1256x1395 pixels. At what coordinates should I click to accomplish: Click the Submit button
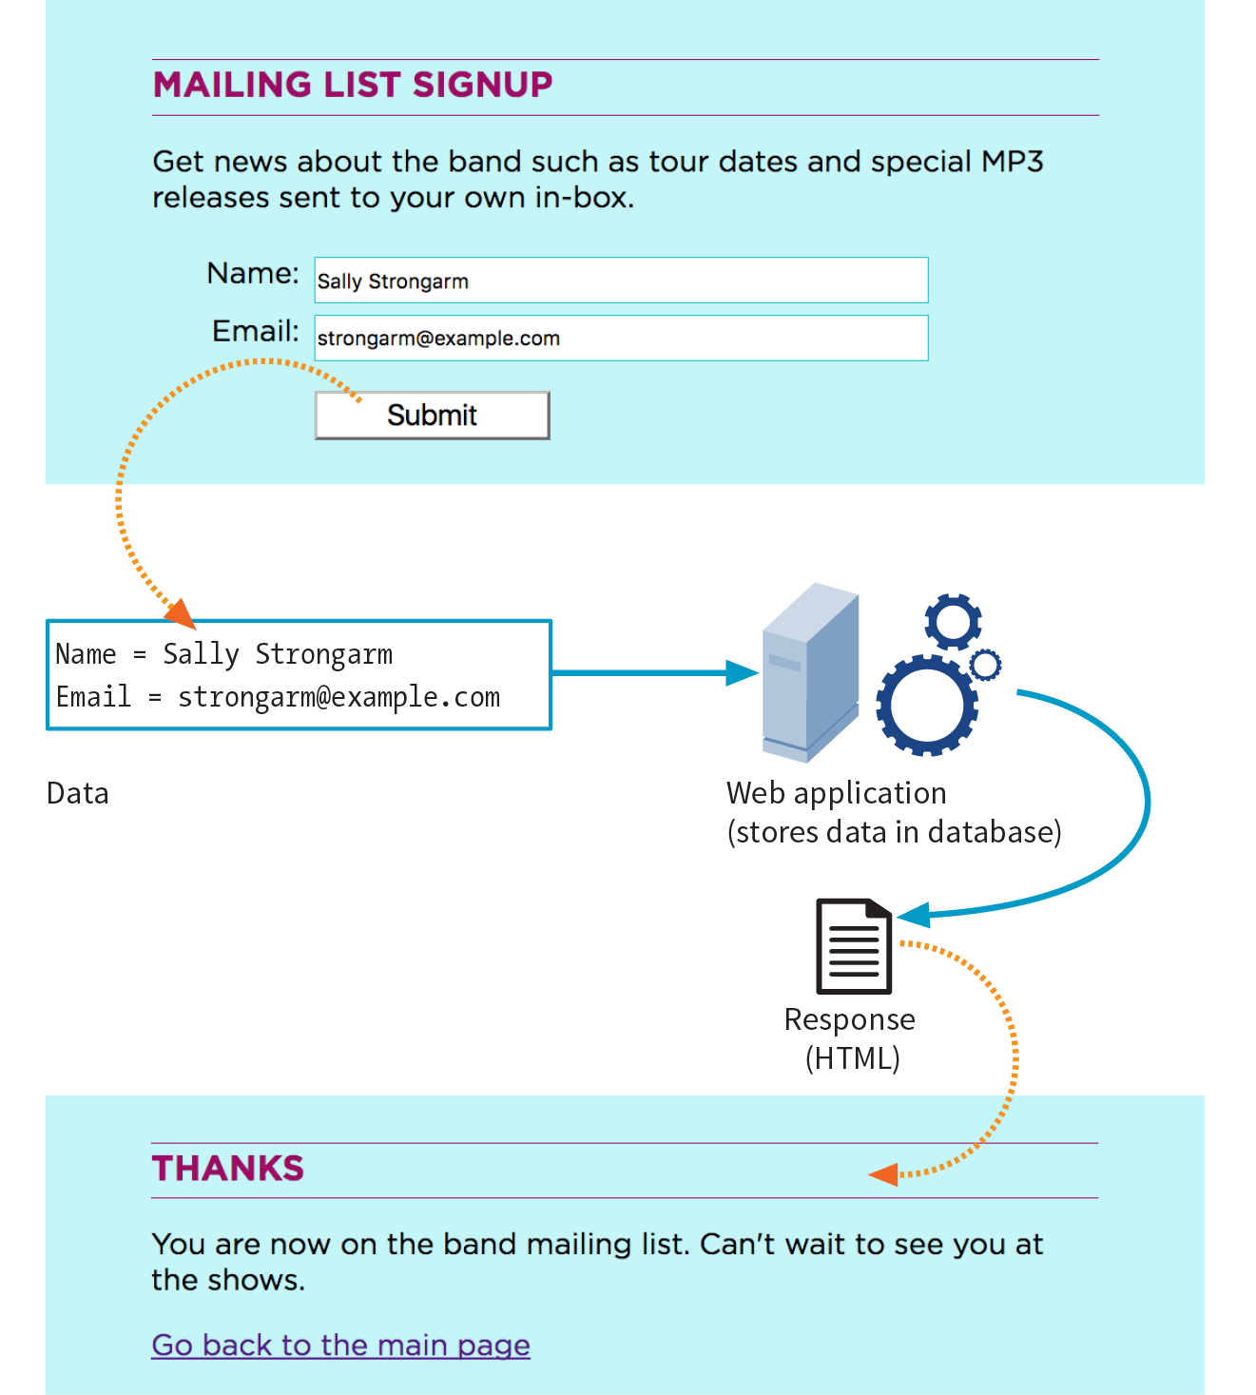[432, 416]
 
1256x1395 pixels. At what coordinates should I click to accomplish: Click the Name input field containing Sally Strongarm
[621, 281]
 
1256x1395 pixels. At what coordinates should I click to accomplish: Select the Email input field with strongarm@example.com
[621, 339]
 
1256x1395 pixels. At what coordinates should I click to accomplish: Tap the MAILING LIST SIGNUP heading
[353, 86]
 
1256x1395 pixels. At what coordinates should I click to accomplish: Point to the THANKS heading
[228, 1169]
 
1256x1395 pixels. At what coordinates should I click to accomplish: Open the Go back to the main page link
[340, 1346]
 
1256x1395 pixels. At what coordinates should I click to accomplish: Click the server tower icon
[809, 673]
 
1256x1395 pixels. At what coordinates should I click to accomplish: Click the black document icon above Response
[854, 946]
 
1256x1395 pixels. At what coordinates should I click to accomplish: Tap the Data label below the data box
[78, 794]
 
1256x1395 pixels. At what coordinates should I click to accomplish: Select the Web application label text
[836, 793]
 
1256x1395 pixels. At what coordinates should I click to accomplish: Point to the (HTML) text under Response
[852, 1058]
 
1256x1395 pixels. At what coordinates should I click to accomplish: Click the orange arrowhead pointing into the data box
[181, 614]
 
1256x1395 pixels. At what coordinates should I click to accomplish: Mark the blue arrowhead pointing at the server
[742, 673]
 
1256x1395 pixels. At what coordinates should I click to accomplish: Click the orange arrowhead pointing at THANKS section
[884, 1175]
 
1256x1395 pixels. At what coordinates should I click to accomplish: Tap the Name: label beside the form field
[253, 274]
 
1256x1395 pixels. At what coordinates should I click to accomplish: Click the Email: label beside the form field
[255, 332]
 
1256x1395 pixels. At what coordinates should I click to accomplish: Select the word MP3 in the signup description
[1013, 162]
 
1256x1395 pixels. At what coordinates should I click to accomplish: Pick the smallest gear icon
[986, 664]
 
